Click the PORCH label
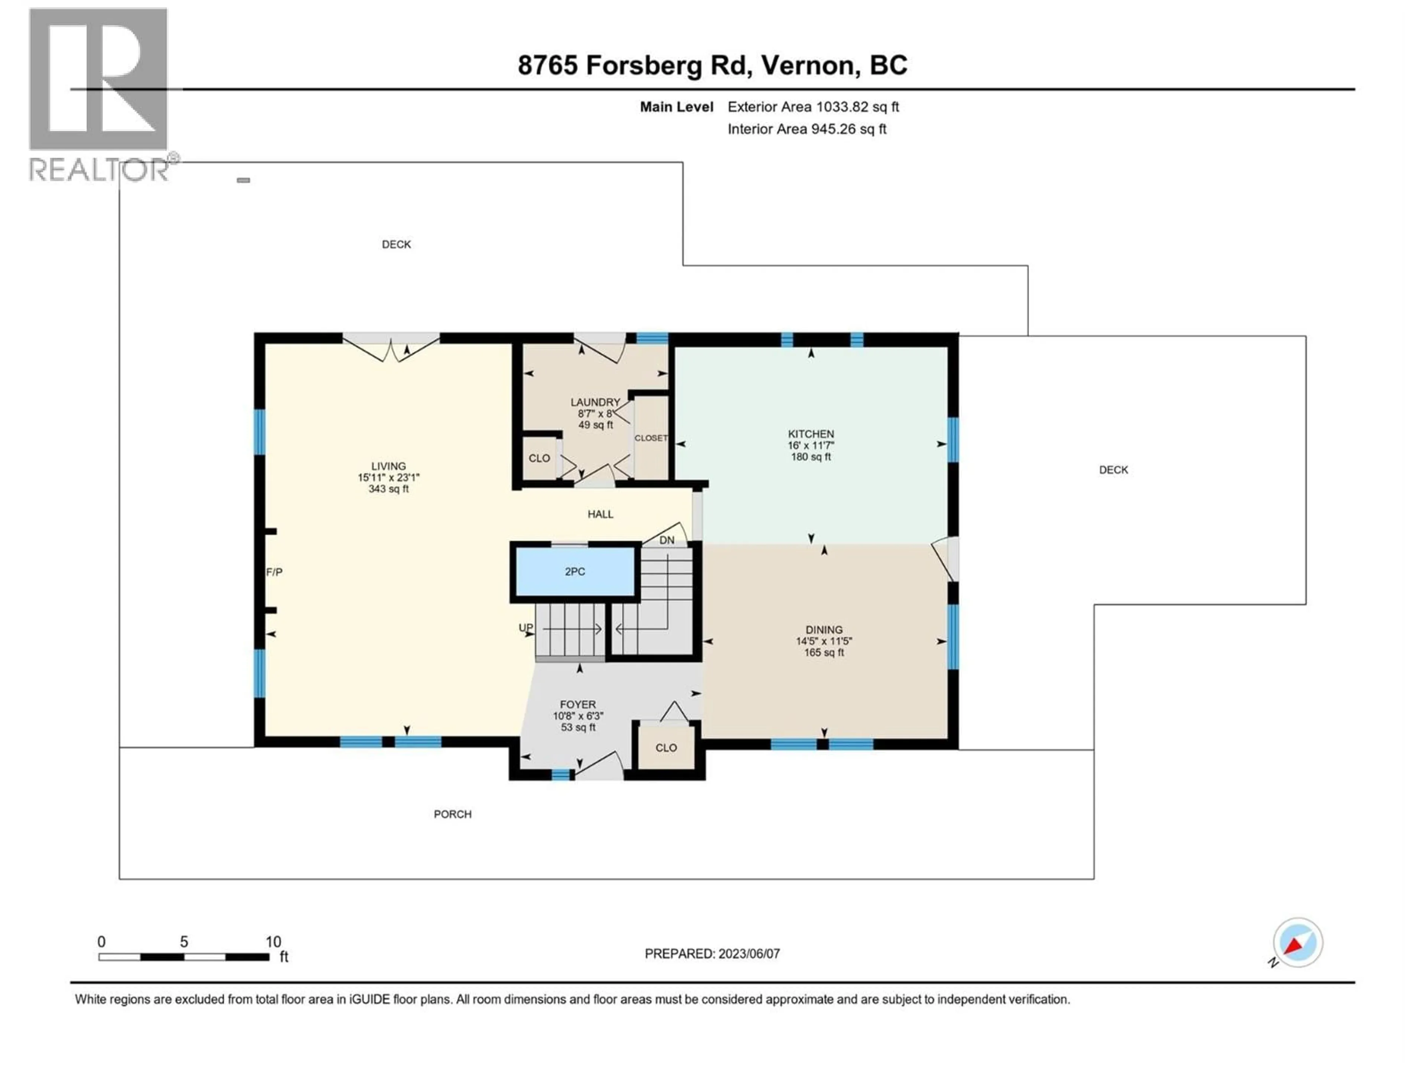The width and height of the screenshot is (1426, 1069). (453, 814)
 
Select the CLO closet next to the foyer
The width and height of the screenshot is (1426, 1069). (666, 748)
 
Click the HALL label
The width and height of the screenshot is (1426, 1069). (600, 514)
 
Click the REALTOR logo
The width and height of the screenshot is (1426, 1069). (100, 94)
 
